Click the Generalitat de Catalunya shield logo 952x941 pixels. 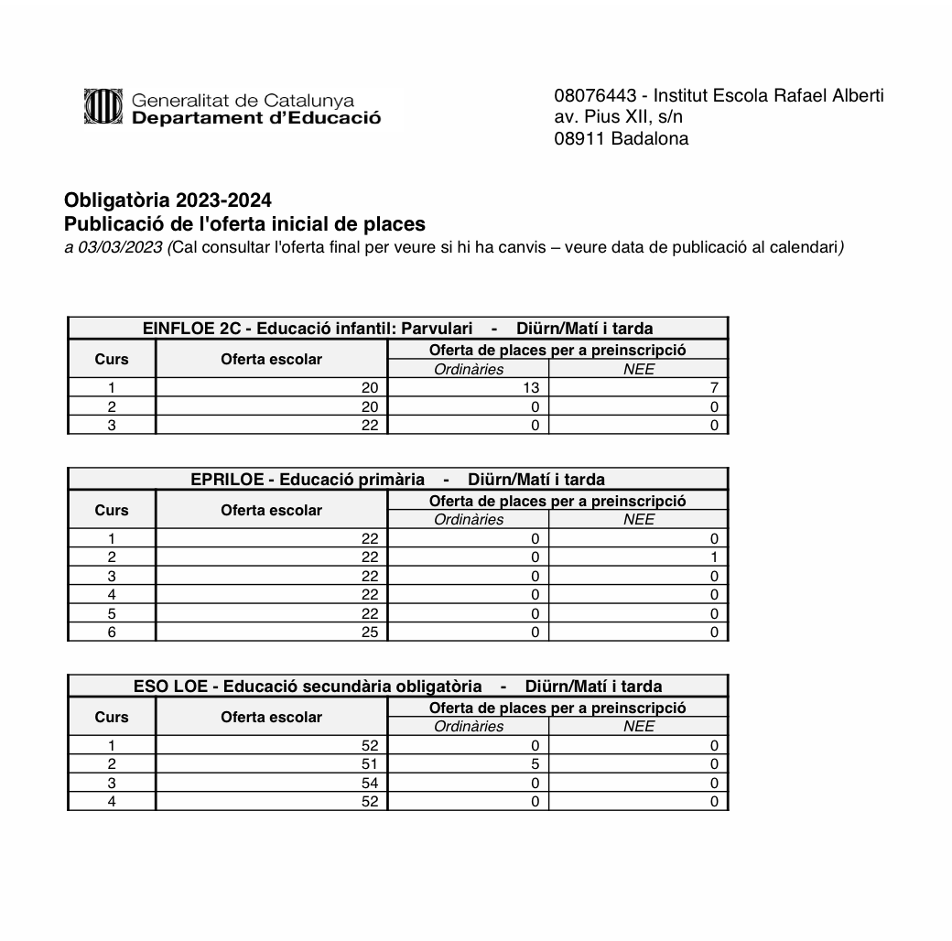click(103, 108)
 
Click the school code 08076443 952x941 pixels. click(595, 96)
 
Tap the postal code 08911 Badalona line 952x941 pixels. click(622, 139)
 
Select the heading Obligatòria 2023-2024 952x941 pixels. click(168, 200)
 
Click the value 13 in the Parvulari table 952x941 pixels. click(530, 388)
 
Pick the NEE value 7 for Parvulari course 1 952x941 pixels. click(713, 388)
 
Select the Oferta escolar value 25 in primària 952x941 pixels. click(369, 632)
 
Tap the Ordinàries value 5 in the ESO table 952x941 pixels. click(535, 763)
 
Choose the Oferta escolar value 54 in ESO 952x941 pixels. click(369, 783)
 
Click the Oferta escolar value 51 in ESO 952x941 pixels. click(369, 763)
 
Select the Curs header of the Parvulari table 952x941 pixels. click(112, 360)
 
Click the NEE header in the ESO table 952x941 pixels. click(638, 727)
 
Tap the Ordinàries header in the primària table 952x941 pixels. click(469, 520)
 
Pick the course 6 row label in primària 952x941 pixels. click(112, 632)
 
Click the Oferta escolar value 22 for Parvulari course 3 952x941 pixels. click(369, 426)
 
